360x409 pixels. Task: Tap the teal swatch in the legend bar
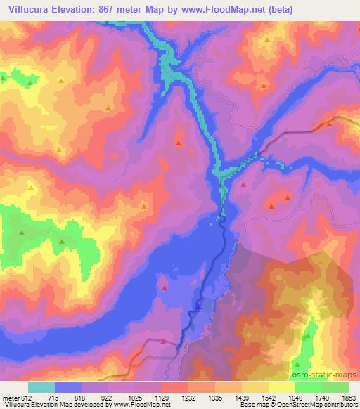(x=41, y=388)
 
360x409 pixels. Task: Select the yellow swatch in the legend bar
(x=281, y=388)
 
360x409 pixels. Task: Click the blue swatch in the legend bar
(x=68, y=388)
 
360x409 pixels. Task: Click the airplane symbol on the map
(x=198, y=306)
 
